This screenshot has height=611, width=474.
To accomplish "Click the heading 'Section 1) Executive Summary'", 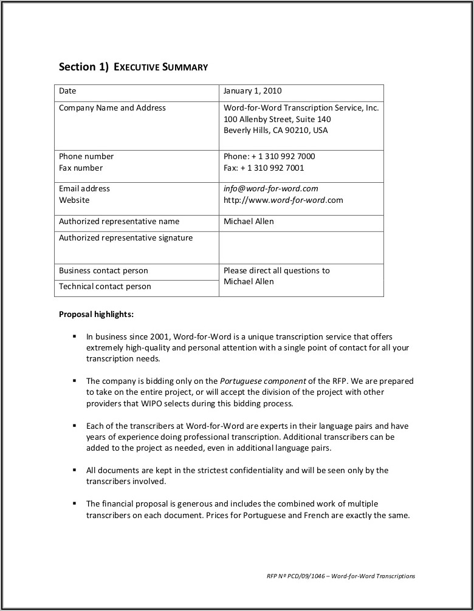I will pos(133,67).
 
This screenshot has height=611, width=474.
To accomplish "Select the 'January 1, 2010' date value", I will pos(252,91).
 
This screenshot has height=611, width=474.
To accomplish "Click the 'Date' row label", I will pos(67,91).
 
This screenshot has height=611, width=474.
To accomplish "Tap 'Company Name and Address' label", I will pos(112,108).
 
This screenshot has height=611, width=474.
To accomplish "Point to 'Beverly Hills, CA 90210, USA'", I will pos(275,131).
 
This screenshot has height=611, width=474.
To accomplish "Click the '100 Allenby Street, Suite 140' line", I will pos(277,119).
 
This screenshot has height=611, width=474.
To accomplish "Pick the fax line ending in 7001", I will pos(264,168).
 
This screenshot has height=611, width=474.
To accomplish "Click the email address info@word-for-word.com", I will pos(270,189).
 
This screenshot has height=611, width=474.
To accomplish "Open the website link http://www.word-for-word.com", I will pos(283,200).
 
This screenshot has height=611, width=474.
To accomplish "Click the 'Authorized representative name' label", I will pos(118,222).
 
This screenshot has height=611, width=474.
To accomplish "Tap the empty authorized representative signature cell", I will pos(301,247).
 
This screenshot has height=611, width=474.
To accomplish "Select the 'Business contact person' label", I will pos(103,271).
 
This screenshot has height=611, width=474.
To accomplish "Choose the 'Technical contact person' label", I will pos(105,287).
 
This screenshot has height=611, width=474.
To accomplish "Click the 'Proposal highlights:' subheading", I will pos(96,315).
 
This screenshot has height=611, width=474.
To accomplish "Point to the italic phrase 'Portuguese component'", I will pos(263,381).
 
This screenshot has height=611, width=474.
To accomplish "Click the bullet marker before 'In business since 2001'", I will pos(74,336).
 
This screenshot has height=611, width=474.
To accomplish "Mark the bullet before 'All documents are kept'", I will pos(74,470).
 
